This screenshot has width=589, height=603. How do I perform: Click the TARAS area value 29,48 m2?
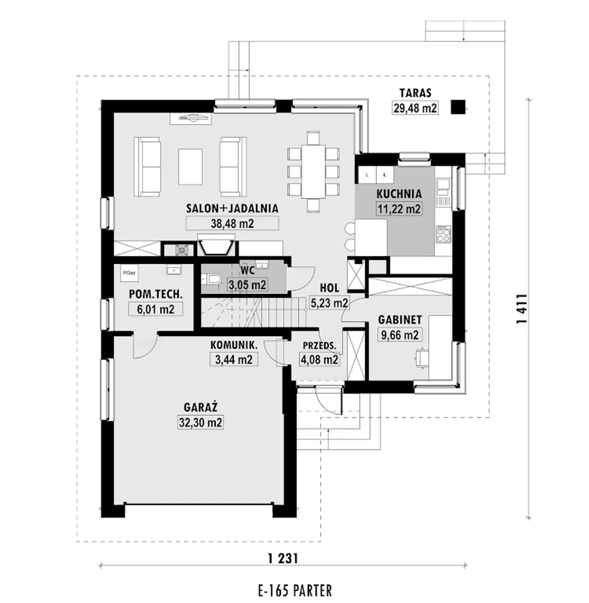click(415, 108)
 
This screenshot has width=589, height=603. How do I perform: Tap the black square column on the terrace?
click(458, 107)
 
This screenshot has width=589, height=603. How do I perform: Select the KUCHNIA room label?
click(398, 194)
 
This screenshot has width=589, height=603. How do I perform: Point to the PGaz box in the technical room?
click(129, 273)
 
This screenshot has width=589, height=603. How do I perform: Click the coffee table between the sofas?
click(190, 167)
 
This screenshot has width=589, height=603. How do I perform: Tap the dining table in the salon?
click(313, 172)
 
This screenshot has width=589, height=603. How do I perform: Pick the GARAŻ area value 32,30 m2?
click(201, 422)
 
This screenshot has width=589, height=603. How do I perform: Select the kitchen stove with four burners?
click(444, 234)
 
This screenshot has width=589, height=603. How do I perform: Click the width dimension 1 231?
click(283, 559)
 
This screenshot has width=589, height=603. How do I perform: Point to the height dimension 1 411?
click(521, 309)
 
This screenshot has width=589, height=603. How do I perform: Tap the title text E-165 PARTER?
click(295, 591)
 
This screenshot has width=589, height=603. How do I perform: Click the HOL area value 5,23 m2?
click(329, 303)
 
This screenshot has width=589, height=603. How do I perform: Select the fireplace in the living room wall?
click(216, 245)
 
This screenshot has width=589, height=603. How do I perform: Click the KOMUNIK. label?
click(234, 345)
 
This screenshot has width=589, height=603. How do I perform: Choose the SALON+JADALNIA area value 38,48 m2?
click(232, 223)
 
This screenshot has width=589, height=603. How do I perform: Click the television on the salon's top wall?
click(191, 118)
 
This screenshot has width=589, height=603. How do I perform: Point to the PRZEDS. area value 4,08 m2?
click(319, 360)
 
